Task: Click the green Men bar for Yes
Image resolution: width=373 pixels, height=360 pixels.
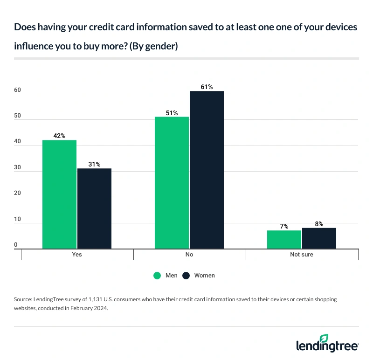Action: coord(59,194)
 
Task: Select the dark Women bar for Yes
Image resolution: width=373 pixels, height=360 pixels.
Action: coord(94,208)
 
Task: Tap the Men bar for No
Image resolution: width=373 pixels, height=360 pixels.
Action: coord(172,183)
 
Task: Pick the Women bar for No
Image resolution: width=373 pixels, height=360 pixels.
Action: coord(207,170)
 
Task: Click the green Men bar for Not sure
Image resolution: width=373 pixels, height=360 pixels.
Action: coord(284,240)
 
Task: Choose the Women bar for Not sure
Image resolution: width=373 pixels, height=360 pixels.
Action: coord(319,238)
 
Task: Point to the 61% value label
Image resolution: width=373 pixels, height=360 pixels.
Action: coord(207,87)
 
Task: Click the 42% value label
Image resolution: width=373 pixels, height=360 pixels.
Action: coord(59,136)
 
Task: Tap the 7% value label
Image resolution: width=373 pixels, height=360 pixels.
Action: coord(284,226)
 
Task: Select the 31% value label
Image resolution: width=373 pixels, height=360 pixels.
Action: coord(94,164)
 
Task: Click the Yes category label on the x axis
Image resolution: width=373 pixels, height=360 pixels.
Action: coord(77,255)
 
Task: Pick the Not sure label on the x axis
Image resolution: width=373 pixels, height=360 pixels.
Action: coord(302,255)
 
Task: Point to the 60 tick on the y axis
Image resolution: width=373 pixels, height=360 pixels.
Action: coord(18,90)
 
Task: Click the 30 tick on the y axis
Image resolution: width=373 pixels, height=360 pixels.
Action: coord(18,167)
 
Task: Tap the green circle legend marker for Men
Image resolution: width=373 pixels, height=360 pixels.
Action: coord(158,276)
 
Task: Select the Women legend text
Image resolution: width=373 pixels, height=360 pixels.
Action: coord(204,276)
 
